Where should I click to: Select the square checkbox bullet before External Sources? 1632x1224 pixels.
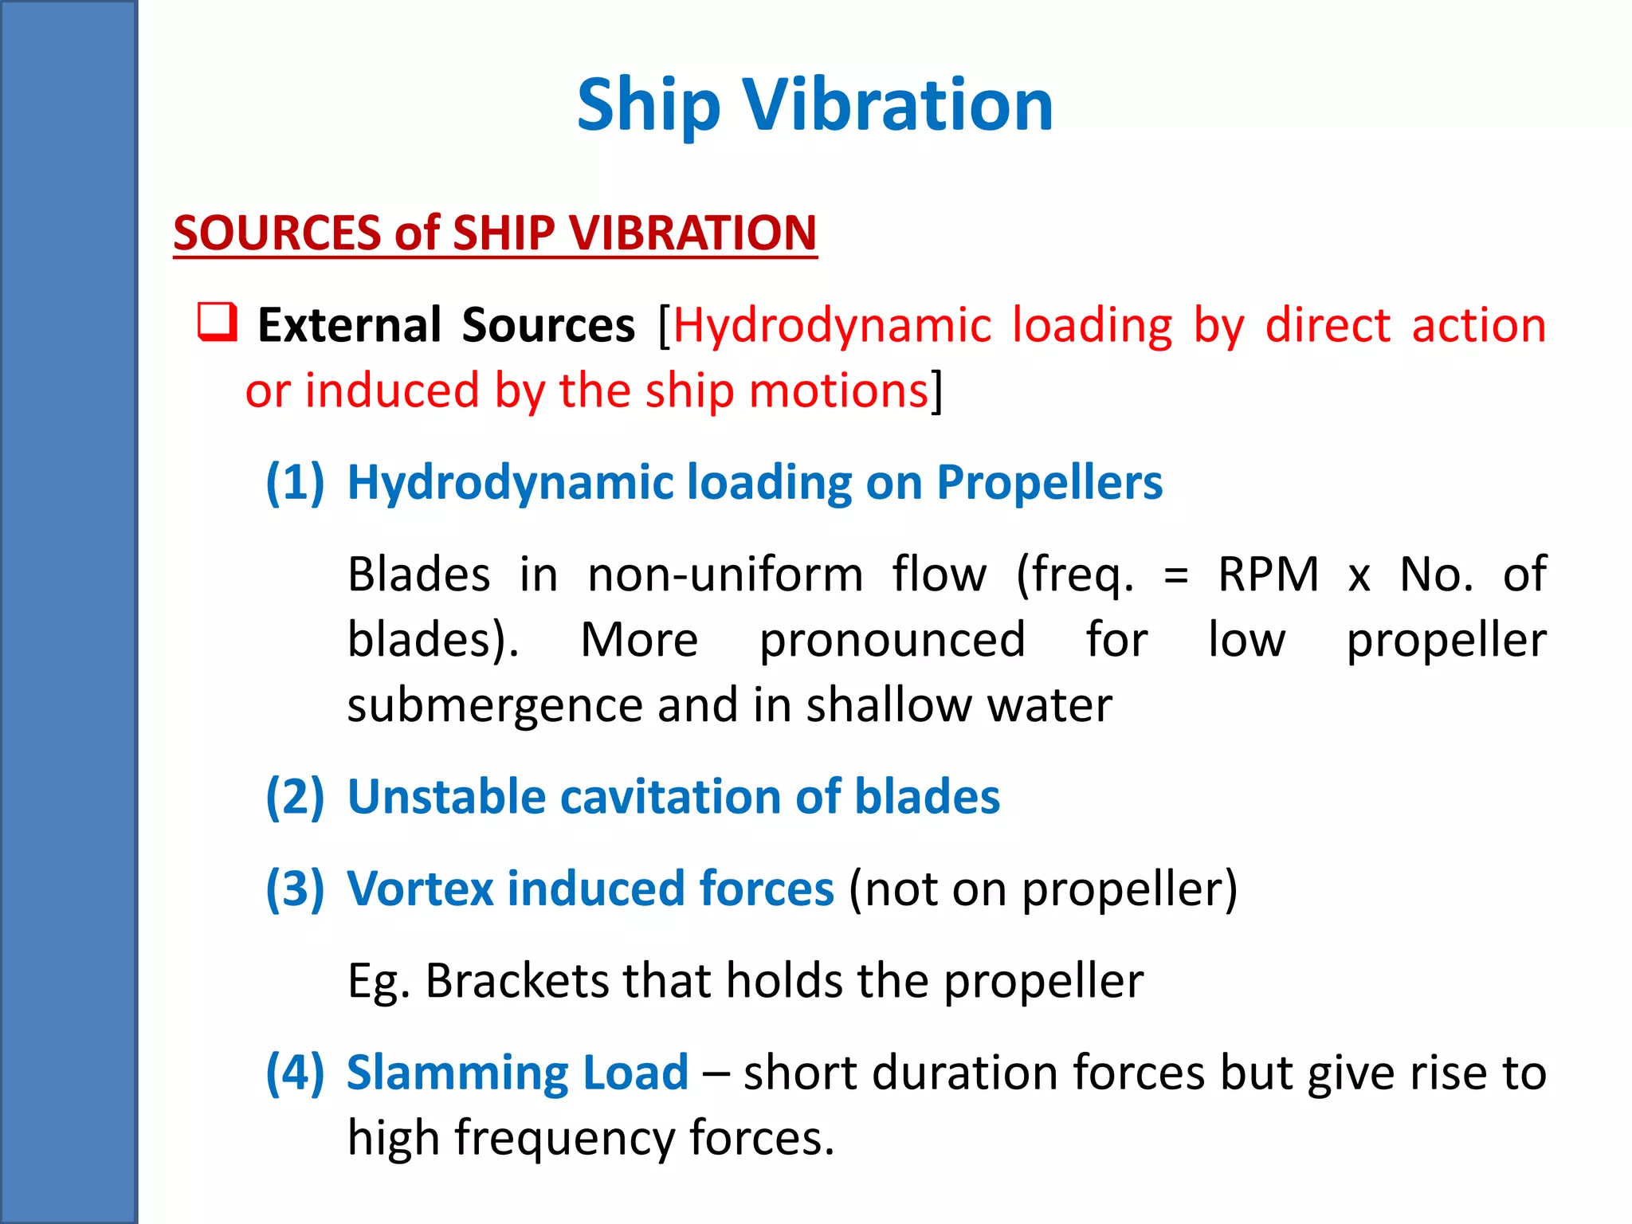coord(217,322)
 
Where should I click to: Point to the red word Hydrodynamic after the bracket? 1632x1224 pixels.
coord(832,325)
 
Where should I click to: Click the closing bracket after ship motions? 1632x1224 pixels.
coord(937,390)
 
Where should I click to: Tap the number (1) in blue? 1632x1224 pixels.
coord(295,482)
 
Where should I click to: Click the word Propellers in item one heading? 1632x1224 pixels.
coord(1049,482)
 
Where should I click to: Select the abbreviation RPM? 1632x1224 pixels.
coord(1268,574)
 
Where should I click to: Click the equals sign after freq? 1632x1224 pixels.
coord(1176,575)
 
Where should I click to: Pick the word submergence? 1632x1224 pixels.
coord(494,706)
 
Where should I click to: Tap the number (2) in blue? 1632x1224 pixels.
coord(295,797)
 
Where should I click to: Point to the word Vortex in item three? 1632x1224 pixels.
coord(420,889)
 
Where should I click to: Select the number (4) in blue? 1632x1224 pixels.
coord(295,1072)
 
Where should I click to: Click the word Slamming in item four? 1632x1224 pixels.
coord(457,1072)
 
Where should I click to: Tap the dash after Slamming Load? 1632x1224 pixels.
coord(716,1073)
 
